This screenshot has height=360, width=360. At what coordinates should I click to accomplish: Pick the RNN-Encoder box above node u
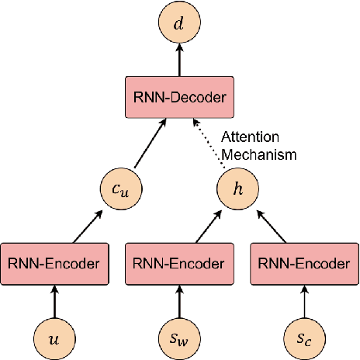click(x=54, y=264)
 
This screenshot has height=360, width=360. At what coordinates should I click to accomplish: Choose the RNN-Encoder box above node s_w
click(x=179, y=264)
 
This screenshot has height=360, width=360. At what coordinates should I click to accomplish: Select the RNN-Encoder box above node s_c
click(x=304, y=264)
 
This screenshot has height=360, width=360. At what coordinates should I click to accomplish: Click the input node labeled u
click(x=54, y=337)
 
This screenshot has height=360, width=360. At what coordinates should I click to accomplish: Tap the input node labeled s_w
click(x=179, y=337)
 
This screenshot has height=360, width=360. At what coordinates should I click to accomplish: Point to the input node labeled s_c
click(x=304, y=337)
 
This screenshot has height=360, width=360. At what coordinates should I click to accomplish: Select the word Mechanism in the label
click(x=259, y=154)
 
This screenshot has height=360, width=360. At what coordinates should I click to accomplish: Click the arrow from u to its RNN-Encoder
click(x=54, y=301)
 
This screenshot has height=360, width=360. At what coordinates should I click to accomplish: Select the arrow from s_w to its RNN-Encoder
click(x=179, y=301)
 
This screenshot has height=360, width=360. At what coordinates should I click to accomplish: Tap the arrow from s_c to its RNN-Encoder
click(x=304, y=301)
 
